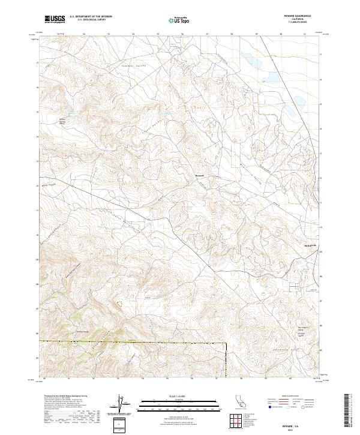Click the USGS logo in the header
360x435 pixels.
tap(55, 19)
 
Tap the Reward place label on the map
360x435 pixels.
tap(200, 176)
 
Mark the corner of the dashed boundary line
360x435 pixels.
tap(226, 343)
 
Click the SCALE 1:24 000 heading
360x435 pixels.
tap(180, 397)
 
